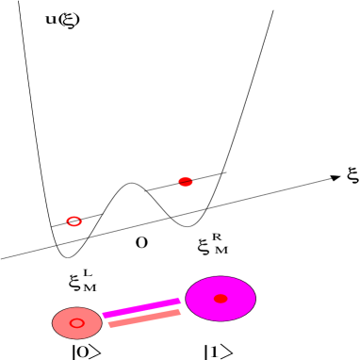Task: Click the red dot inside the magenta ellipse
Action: (x=221, y=299)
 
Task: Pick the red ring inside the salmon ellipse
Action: (x=82, y=323)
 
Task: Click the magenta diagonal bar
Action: (x=141, y=307)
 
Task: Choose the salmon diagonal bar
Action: (x=144, y=318)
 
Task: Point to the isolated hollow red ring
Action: (x=69, y=221)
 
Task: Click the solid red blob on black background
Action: (x=186, y=178)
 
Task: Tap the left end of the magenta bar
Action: (x=106, y=315)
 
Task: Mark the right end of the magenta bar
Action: (x=178, y=301)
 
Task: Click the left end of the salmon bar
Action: (x=111, y=324)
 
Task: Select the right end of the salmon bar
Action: (x=178, y=311)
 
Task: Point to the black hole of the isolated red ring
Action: (x=74, y=221)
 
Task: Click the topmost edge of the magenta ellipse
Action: (x=221, y=277)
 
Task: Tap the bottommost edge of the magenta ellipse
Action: (x=221, y=320)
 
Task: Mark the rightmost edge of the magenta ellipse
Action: (x=255, y=299)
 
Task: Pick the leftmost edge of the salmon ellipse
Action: (x=53, y=323)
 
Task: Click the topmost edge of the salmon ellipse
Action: (x=77, y=308)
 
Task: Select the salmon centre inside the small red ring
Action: (x=76, y=323)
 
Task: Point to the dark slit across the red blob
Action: (x=186, y=181)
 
